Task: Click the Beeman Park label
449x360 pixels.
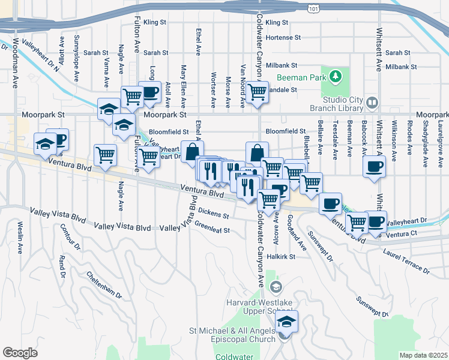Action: (x=301, y=78)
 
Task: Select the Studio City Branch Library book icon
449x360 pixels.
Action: (x=372, y=103)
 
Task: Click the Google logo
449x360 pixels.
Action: (x=20, y=352)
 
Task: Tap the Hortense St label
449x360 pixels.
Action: (x=283, y=37)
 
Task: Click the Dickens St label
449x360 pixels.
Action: (x=214, y=213)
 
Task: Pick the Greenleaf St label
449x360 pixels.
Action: (x=212, y=229)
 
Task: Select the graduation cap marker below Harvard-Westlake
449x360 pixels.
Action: (x=287, y=322)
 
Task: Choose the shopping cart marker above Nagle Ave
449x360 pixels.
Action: (x=106, y=154)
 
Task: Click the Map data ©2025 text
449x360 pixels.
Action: (x=423, y=355)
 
